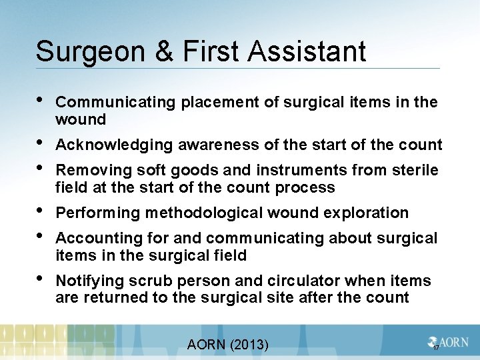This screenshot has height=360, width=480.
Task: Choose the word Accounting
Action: coord(92,238)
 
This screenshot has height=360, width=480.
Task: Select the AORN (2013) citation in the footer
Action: coord(227,344)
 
